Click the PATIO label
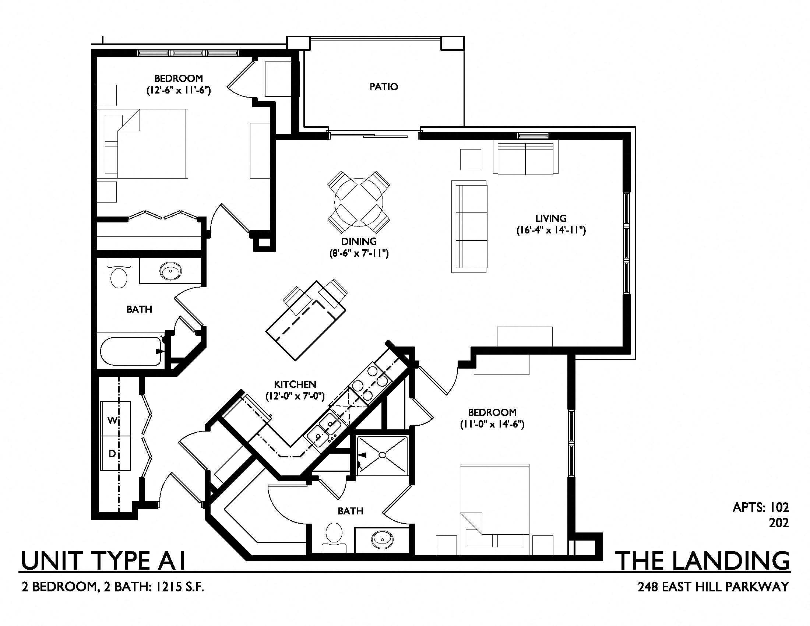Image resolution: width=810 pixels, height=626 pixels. point(384,87)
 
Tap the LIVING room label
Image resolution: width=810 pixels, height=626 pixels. point(551,218)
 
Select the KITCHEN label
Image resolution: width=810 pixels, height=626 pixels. point(295,384)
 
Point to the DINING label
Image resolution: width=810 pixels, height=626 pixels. point(359,242)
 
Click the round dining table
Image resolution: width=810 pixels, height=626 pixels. point(359,203)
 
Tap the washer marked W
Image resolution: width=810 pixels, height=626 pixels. point(115,419)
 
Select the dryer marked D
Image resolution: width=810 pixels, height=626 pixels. point(115,453)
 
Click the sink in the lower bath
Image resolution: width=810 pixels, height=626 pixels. point(382,537)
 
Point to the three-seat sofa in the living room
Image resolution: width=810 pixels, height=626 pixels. point(469,226)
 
